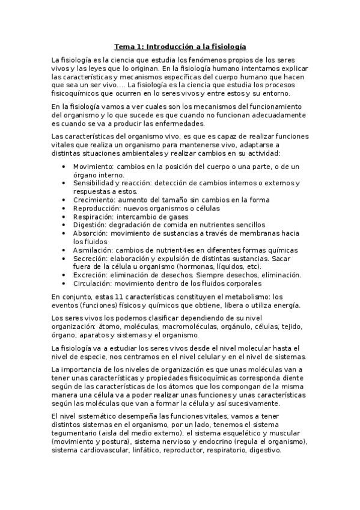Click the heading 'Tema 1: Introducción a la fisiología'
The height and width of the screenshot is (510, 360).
(180, 46)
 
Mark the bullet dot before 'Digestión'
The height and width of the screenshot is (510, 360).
(64, 225)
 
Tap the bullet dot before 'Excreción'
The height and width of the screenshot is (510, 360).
(64, 275)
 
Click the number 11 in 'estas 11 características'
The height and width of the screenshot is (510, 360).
(108, 296)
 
